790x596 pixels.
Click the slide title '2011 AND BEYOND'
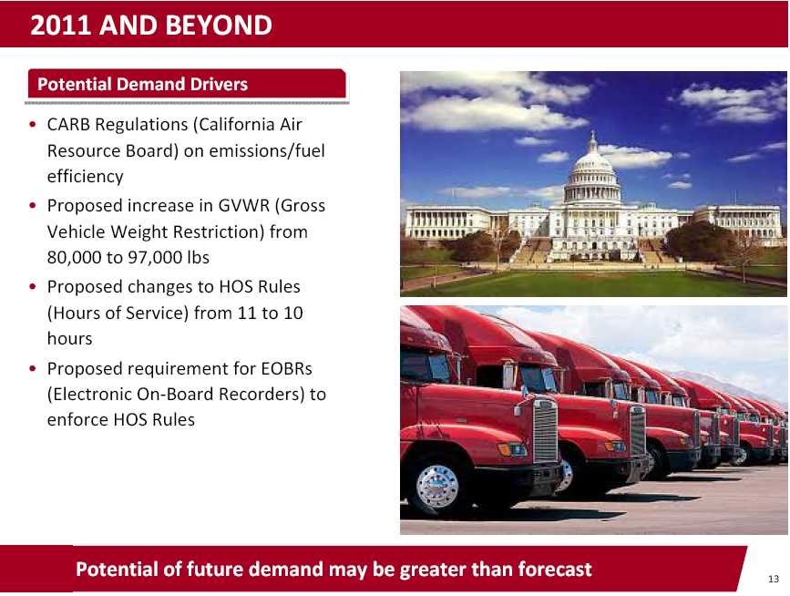click(151, 26)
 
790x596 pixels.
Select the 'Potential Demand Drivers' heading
click(142, 84)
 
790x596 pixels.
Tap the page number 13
click(774, 579)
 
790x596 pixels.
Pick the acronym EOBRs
click(286, 369)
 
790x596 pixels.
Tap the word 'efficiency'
click(85, 177)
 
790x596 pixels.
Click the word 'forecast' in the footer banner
click(555, 570)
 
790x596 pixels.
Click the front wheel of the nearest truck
click(437, 486)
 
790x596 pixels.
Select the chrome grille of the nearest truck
click(545, 430)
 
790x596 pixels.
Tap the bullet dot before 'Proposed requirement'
click(33, 369)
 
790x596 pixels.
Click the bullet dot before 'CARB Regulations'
click(33, 125)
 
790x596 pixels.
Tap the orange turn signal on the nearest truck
click(504, 448)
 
